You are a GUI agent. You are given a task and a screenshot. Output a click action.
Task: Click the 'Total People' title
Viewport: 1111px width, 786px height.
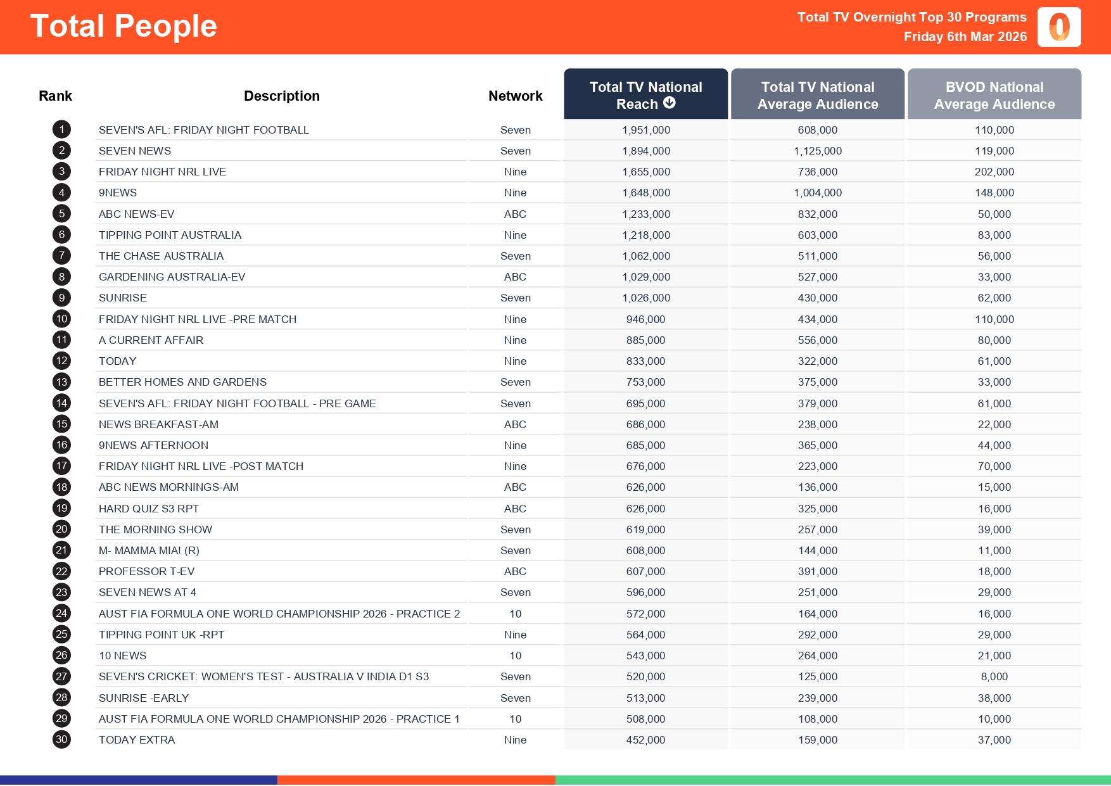click(x=124, y=27)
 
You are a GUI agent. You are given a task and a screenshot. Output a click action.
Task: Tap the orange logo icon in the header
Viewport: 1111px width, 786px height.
click(x=1059, y=27)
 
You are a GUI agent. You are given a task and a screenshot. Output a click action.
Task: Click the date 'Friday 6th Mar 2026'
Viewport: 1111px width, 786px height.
click(x=965, y=37)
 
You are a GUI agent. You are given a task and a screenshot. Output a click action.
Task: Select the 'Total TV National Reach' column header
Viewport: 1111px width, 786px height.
click(x=645, y=94)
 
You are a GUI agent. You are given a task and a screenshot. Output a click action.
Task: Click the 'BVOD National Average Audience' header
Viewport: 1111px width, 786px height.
click(x=994, y=95)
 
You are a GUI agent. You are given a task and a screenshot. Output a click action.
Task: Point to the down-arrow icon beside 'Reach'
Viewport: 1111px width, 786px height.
click(x=670, y=103)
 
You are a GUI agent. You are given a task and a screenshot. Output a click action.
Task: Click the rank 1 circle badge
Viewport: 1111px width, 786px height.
click(x=61, y=130)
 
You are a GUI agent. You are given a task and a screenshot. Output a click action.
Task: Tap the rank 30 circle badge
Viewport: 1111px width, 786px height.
click(x=61, y=740)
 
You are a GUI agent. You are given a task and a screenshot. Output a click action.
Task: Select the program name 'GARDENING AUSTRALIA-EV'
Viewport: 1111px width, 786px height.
click(x=172, y=277)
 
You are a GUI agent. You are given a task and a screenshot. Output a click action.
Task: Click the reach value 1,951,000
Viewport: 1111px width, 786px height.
click(x=645, y=130)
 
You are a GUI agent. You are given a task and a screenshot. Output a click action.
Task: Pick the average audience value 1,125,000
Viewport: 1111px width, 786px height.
click(x=817, y=151)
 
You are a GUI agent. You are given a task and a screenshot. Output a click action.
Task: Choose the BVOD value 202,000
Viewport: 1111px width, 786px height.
click(x=994, y=172)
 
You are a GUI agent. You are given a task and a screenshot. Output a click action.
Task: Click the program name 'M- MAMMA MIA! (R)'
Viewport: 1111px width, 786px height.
click(x=149, y=550)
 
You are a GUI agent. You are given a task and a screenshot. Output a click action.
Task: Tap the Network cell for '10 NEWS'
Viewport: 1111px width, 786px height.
click(x=515, y=656)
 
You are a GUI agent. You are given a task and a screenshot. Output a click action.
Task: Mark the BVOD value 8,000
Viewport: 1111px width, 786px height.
click(x=994, y=676)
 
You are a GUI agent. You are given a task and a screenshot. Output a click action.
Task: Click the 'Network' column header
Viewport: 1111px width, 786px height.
click(x=515, y=96)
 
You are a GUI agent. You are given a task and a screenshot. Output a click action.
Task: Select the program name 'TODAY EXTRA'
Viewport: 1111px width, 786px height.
click(x=137, y=740)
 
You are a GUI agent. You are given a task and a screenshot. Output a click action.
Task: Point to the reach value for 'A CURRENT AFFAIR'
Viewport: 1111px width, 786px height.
click(x=645, y=340)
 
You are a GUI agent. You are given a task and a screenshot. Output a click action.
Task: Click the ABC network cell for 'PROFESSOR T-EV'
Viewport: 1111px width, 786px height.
click(x=515, y=571)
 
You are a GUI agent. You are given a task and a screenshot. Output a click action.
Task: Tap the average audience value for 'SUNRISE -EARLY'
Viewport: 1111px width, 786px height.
click(x=817, y=698)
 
